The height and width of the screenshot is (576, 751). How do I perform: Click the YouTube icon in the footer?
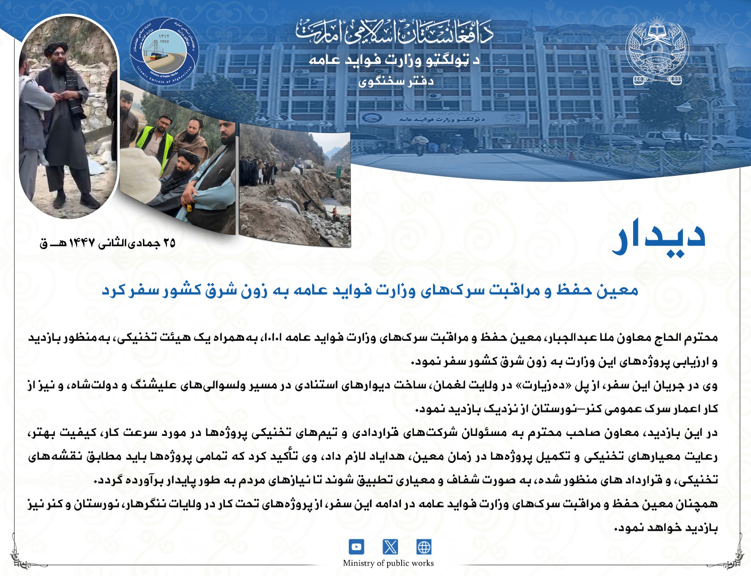pos(356,547)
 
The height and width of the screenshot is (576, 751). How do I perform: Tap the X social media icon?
pos(390,547)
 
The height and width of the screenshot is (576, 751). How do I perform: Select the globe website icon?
pos(424,547)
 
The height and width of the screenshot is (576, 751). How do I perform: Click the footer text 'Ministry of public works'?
pos(388,563)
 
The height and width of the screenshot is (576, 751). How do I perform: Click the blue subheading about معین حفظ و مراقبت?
pos(370,291)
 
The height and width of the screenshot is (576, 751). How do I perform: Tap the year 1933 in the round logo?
pos(164,41)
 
